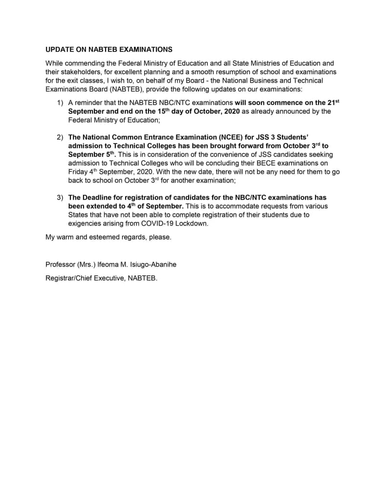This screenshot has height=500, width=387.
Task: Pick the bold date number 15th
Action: click(x=156, y=111)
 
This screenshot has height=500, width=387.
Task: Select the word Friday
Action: click(x=78, y=172)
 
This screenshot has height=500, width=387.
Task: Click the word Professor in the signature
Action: click(x=60, y=265)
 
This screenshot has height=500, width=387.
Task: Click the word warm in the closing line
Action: click(x=67, y=237)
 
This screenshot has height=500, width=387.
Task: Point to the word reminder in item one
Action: click(x=89, y=103)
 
